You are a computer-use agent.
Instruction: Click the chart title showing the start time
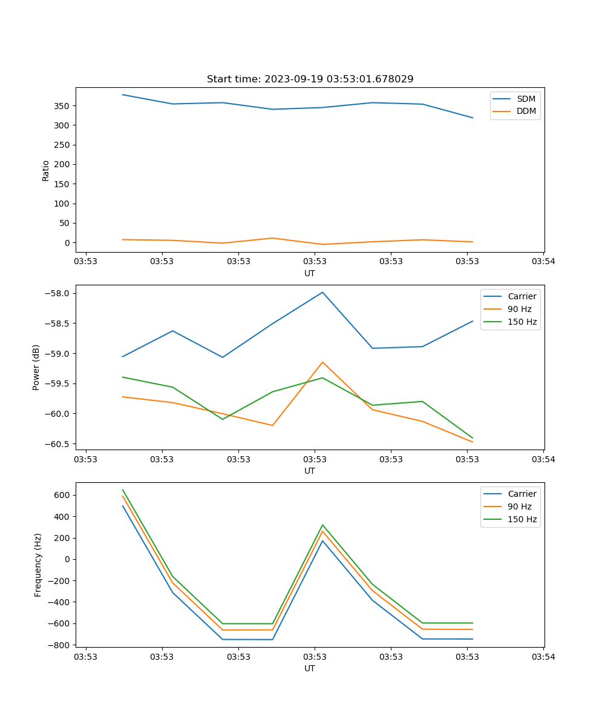coord(310,79)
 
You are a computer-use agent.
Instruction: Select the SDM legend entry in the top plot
coord(526,99)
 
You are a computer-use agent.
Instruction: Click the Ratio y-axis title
coord(46,170)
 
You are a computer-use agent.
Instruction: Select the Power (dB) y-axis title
coord(36,367)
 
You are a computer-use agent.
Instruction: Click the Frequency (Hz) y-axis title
coord(38,565)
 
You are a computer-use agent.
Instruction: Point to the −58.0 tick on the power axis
coord(58,294)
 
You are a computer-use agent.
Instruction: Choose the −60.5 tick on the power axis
coord(58,444)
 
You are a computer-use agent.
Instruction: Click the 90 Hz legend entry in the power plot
coord(520,309)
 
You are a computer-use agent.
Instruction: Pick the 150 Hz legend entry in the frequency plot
coord(522,519)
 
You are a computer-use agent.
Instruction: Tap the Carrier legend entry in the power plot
coord(522,296)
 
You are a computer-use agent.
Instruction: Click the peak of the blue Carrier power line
coord(322,292)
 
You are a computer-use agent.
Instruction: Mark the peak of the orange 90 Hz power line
coord(322,362)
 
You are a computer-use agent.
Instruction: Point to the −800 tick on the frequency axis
coord(60,645)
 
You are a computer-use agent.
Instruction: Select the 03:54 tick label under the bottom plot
coord(543,657)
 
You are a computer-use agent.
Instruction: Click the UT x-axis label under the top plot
coord(310,273)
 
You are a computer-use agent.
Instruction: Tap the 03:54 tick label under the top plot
coord(543,262)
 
